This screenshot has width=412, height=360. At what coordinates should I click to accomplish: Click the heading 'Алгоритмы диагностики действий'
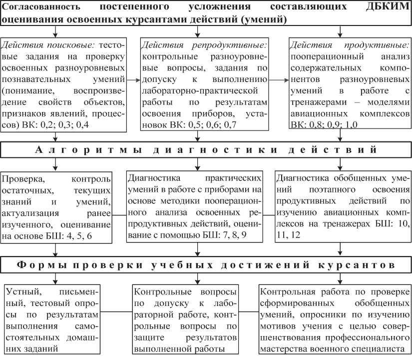coord(205,149)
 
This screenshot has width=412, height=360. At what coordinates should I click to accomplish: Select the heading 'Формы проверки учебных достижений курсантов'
coord(205,263)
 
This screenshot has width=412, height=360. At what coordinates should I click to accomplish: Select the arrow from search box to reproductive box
coord(133,79)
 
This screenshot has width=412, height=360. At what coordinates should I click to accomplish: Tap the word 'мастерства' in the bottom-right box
coord(285,349)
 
